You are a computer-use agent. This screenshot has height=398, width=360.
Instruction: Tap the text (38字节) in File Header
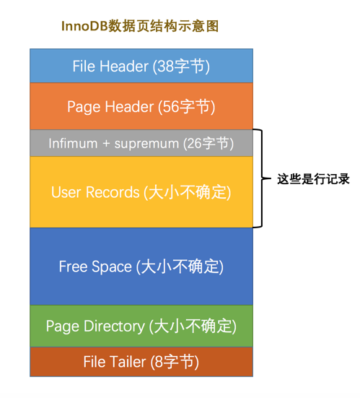(181, 66)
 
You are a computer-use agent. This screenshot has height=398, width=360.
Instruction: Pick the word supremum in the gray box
(150, 144)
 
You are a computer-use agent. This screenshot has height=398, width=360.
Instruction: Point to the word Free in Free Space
(73, 267)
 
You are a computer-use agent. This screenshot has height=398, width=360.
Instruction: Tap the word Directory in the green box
(113, 326)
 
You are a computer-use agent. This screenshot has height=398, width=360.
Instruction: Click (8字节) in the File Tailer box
(175, 362)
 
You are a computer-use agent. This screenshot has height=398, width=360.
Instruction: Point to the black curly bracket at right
(258, 178)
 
